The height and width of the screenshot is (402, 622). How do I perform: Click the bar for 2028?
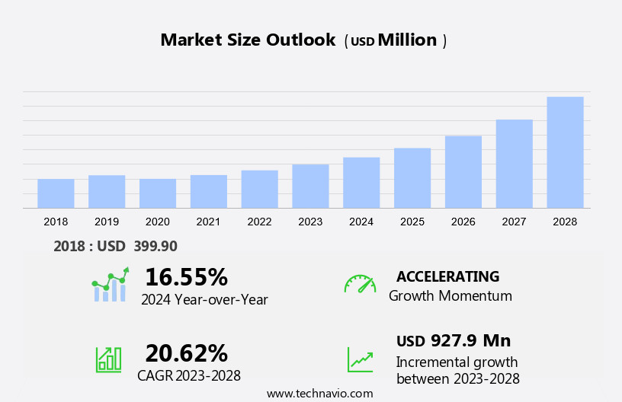(565, 152)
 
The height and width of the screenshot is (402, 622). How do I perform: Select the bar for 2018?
(56, 193)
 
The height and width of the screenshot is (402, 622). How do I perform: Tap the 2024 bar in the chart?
(361, 183)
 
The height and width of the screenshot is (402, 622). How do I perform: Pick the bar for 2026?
(463, 172)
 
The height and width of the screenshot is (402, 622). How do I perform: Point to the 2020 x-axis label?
(158, 222)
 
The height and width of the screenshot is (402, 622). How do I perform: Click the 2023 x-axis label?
(310, 222)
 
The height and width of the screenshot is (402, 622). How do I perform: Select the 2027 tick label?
(515, 222)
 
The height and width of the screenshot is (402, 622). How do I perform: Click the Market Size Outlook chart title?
(248, 40)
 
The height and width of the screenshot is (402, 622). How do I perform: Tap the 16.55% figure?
(186, 277)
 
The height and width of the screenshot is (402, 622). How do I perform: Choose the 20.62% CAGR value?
(186, 353)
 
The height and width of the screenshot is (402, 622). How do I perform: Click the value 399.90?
(155, 246)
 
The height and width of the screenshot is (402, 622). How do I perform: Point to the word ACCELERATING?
(447, 276)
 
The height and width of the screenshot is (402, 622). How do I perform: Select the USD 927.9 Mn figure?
(454, 340)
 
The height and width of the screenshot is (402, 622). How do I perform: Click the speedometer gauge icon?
(360, 284)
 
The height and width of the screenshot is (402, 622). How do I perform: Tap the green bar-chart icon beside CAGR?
(108, 359)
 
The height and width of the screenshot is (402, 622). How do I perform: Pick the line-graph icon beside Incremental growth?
(360, 359)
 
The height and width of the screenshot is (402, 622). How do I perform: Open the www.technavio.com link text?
(319, 394)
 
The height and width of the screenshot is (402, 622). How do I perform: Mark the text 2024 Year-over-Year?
(204, 300)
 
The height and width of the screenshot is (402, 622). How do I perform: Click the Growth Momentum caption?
(450, 296)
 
